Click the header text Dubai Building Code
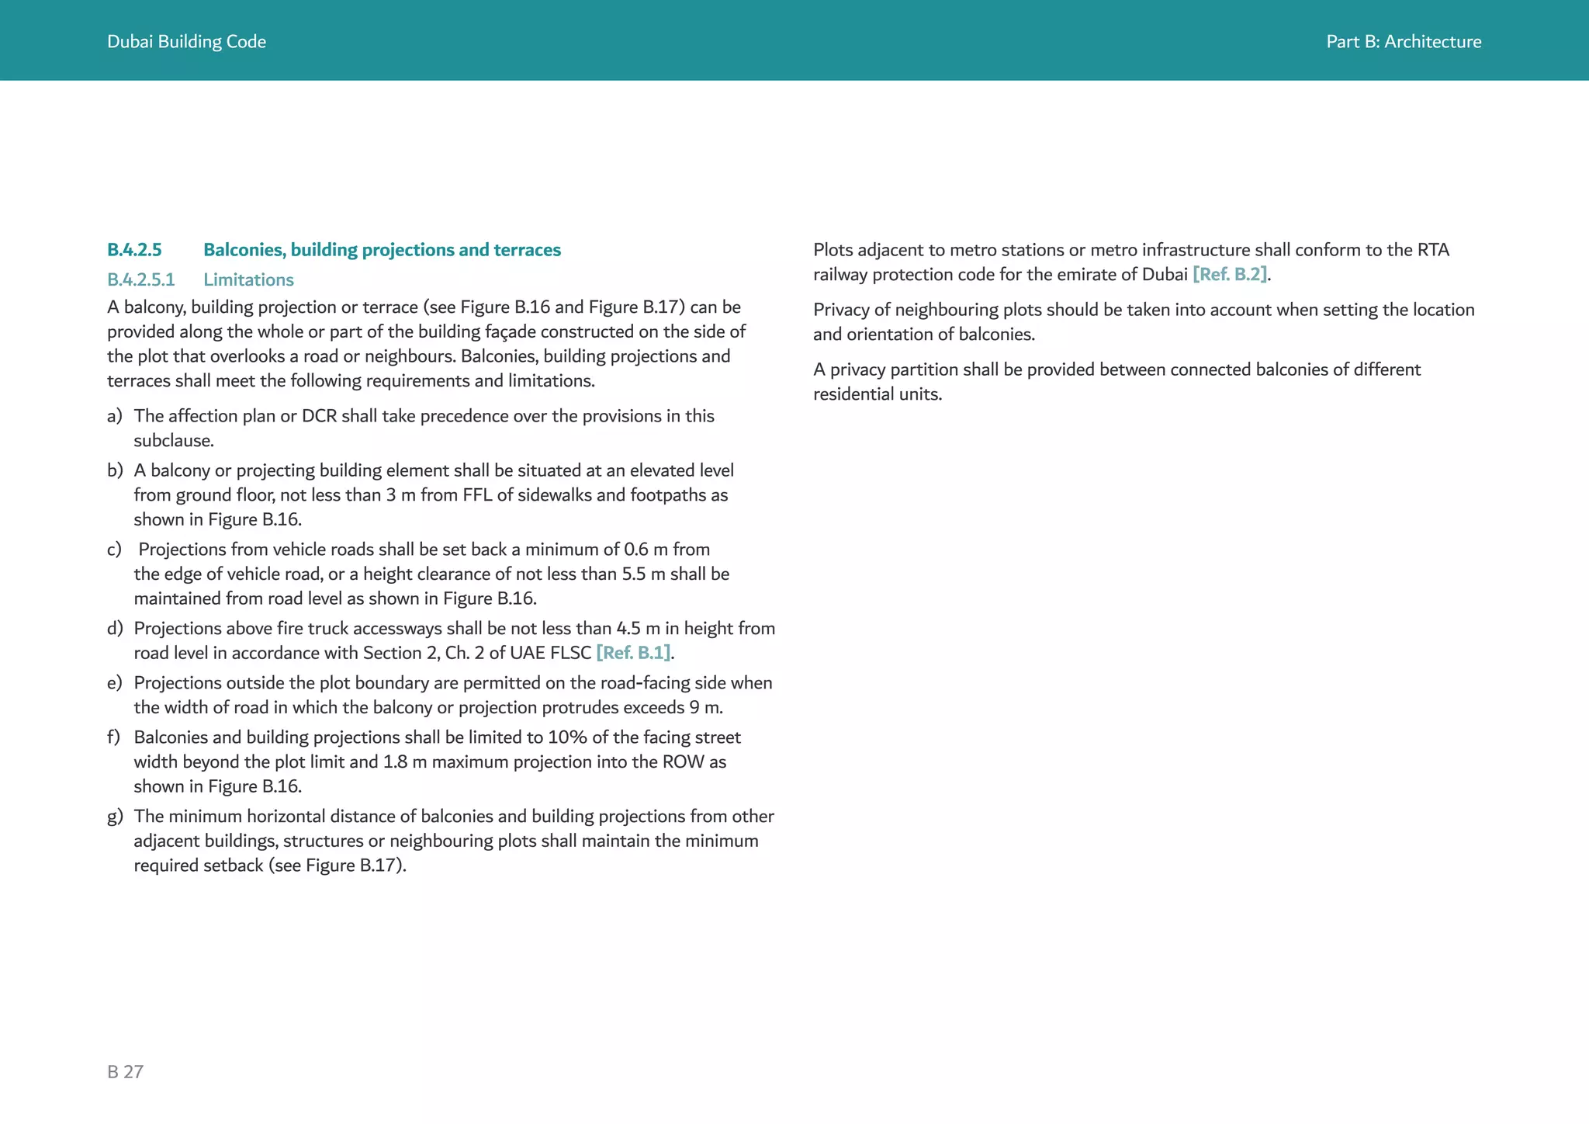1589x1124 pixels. (x=186, y=42)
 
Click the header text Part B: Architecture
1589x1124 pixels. (x=1403, y=42)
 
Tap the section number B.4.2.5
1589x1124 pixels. (x=134, y=250)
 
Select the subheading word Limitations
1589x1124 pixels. (x=248, y=279)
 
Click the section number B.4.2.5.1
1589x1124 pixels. (x=140, y=279)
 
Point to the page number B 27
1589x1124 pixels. (x=125, y=1072)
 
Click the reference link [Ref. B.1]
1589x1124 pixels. (x=633, y=653)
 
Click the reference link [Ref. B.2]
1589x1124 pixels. (x=1230, y=275)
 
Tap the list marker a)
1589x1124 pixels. (x=115, y=416)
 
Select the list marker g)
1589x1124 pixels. (x=115, y=817)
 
